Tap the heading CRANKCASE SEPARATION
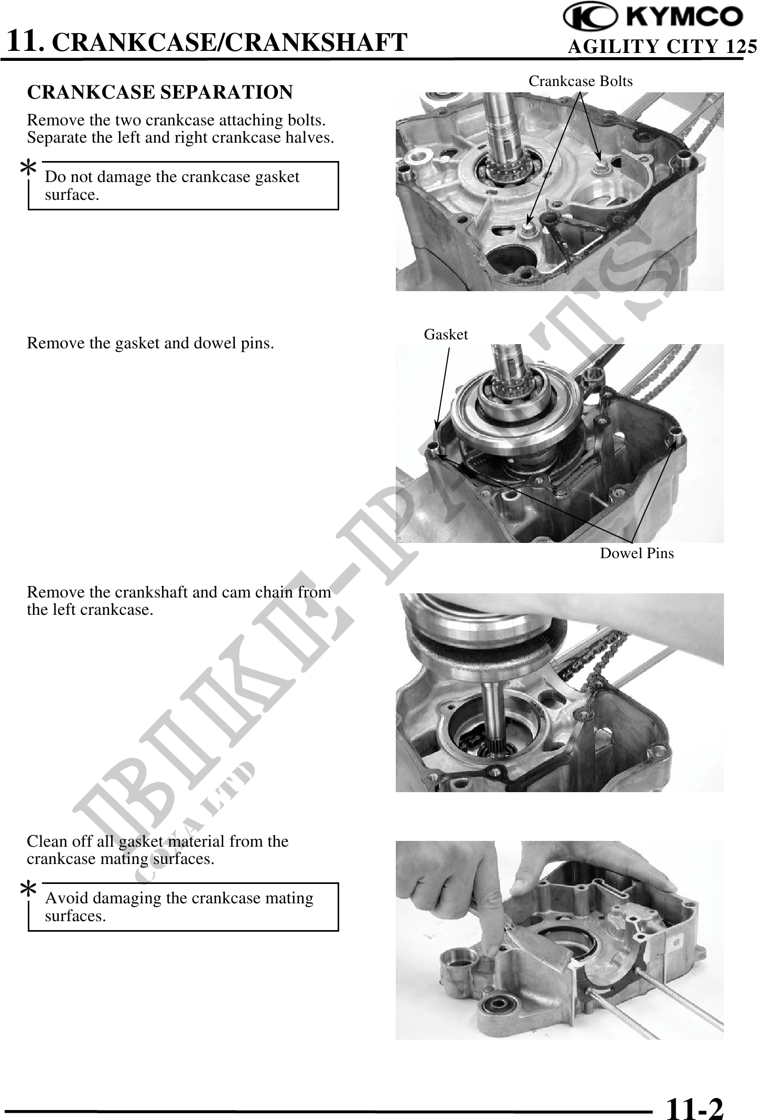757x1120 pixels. click(x=160, y=92)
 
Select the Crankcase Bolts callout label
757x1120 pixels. click(x=580, y=81)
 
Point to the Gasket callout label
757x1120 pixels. click(x=446, y=334)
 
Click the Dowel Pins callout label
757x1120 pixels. click(x=636, y=553)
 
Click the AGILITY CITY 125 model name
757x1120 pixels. click(x=662, y=47)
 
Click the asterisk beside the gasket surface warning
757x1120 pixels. click(x=28, y=169)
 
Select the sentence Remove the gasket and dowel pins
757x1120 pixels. click(x=150, y=344)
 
